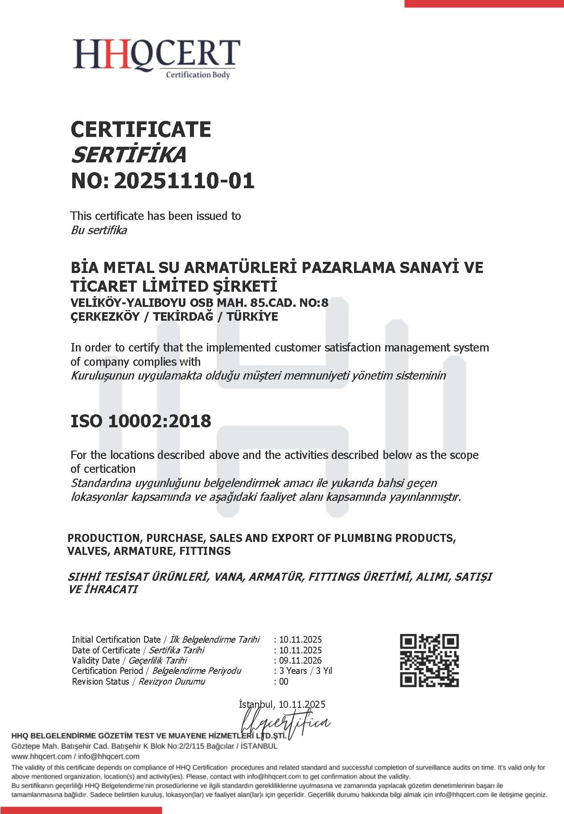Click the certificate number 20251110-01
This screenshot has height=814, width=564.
pyautogui.click(x=184, y=181)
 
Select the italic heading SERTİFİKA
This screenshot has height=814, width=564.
pyautogui.click(x=128, y=155)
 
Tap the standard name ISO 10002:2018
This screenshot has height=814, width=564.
pyautogui.click(x=141, y=421)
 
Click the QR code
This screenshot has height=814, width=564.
pyautogui.click(x=429, y=660)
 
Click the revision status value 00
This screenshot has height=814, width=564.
pyautogui.click(x=284, y=682)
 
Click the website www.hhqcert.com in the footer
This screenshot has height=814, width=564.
pyautogui.click(x=41, y=756)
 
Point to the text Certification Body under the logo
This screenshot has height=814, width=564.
pyautogui.click(x=198, y=75)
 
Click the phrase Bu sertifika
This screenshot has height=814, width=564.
pyautogui.click(x=99, y=231)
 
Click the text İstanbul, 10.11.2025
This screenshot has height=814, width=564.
pyautogui.click(x=282, y=705)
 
